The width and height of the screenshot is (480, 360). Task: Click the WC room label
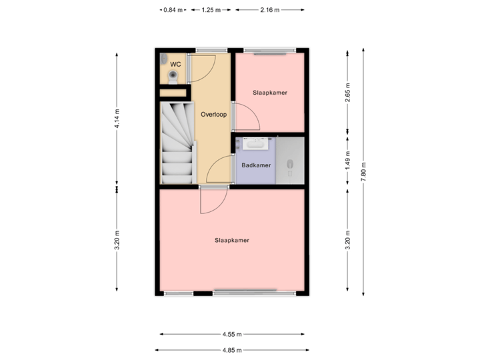[x=175, y=64]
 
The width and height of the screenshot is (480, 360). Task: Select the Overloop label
[x=213, y=114]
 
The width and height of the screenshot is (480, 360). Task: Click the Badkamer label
[x=255, y=165]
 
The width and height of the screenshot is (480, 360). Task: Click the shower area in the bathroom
[x=290, y=160]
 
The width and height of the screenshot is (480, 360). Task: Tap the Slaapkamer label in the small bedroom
[x=270, y=93]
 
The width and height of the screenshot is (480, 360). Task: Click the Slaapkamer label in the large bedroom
[x=232, y=240]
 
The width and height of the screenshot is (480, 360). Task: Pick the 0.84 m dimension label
[x=172, y=10]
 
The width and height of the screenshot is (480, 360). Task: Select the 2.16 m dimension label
[x=270, y=10]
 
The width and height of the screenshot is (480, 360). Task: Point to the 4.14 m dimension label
[x=117, y=118]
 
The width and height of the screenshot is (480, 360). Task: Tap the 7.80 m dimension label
[x=364, y=171]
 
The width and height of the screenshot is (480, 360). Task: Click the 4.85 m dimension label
[x=232, y=349]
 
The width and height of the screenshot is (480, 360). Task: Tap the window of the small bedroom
[x=269, y=50]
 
